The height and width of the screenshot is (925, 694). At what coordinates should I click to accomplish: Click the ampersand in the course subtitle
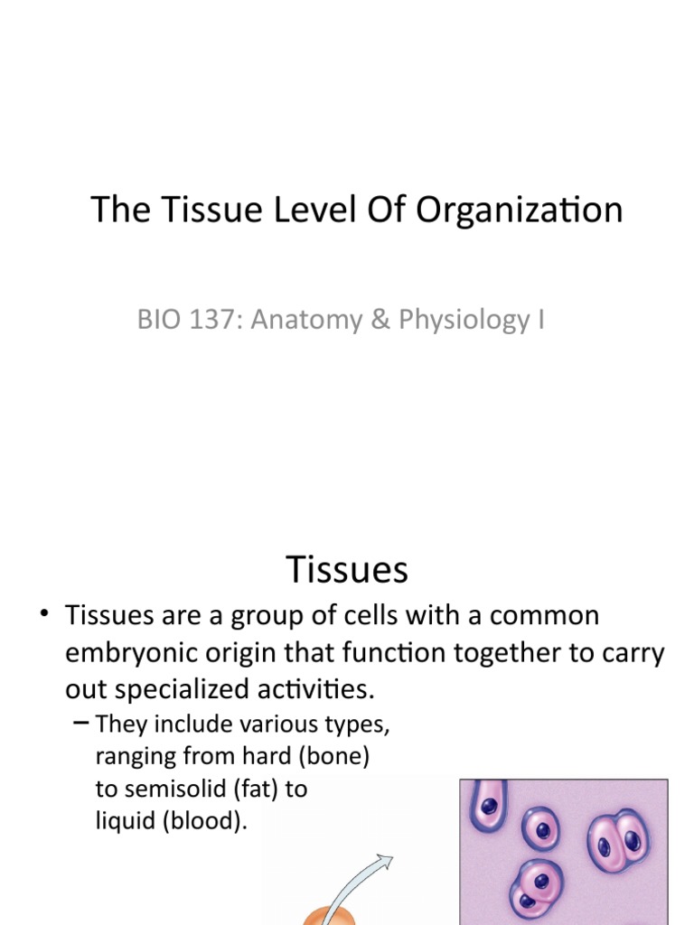pyautogui.click(x=370, y=319)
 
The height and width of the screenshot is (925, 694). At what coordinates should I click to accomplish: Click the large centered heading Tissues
pyautogui.click(x=347, y=570)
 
